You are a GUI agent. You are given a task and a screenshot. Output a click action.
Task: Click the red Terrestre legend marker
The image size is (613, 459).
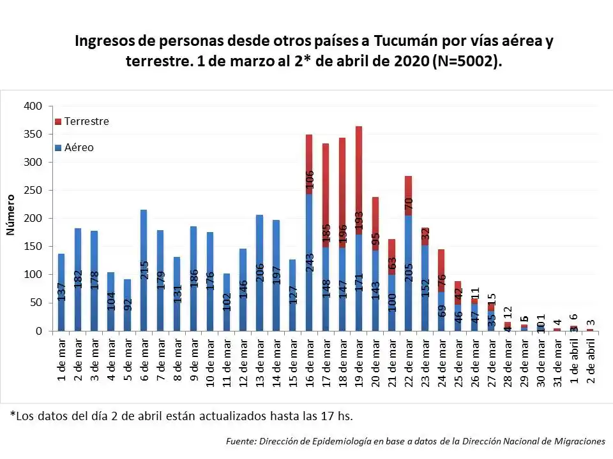pos(58,121)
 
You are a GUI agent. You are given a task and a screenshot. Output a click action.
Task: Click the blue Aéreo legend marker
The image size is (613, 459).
pos(58,147)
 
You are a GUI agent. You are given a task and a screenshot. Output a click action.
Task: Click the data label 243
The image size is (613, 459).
pos(310,277)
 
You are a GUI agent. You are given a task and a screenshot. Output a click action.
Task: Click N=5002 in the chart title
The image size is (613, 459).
pos(467,61)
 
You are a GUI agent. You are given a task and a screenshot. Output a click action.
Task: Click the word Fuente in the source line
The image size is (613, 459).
pos(241,441)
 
